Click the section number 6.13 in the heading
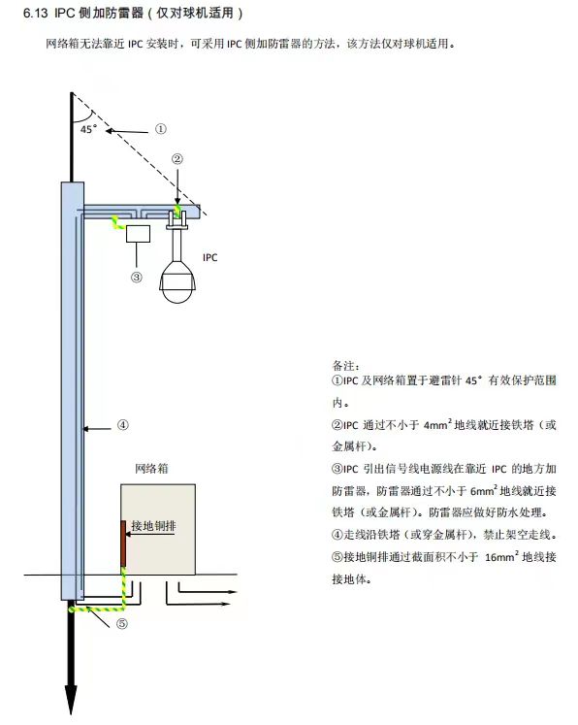pyautogui.click(x=35, y=15)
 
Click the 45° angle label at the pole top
pyautogui.click(x=88, y=127)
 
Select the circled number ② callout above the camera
pyautogui.click(x=177, y=159)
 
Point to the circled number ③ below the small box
pyautogui.click(x=137, y=277)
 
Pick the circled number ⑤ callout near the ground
pyautogui.click(x=122, y=624)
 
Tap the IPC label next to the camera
pyautogui.click(x=209, y=257)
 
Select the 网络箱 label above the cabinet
pyautogui.click(x=152, y=468)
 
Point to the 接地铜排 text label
pyautogui.click(x=153, y=525)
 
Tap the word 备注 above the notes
pyautogui.click(x=343, y=366)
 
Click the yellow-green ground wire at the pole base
pyautogui.click(x=97, y=610)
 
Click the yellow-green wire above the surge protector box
pyautogui.click(x=116, y=224)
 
